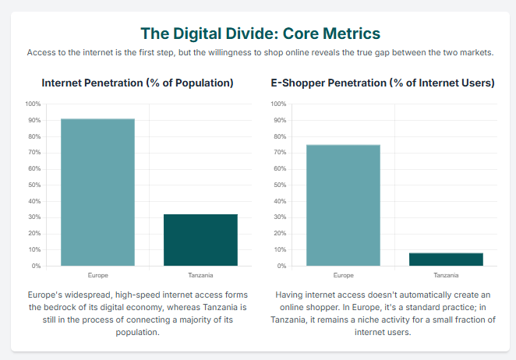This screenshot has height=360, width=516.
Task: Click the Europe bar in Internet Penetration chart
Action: click(x=97, y=192)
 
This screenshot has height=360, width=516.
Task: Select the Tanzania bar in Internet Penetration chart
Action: click(x=200, y=239)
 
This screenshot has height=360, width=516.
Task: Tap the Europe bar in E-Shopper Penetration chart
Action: click(x=343, y=205)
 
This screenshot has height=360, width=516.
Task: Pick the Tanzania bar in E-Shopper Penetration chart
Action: click(x=446, y=259)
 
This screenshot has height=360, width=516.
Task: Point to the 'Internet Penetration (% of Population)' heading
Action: click(x=137, y=83)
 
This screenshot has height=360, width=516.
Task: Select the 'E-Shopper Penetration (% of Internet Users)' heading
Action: click(x=382, y=83)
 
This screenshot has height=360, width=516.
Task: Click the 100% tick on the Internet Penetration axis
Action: click(x=34, y=104)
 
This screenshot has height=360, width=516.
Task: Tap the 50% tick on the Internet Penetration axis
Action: click(x=35, y=185)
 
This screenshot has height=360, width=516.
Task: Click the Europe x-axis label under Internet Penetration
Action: click(x=97, y=275)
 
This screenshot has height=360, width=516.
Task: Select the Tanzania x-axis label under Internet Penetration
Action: click(x=200, y=275)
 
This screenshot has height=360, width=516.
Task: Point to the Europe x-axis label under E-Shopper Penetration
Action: click(x=343, y=275)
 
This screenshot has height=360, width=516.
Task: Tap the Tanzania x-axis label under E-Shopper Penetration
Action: click(x=446, y=275)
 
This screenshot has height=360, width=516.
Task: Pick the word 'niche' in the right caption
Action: click(x=368, y=319)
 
